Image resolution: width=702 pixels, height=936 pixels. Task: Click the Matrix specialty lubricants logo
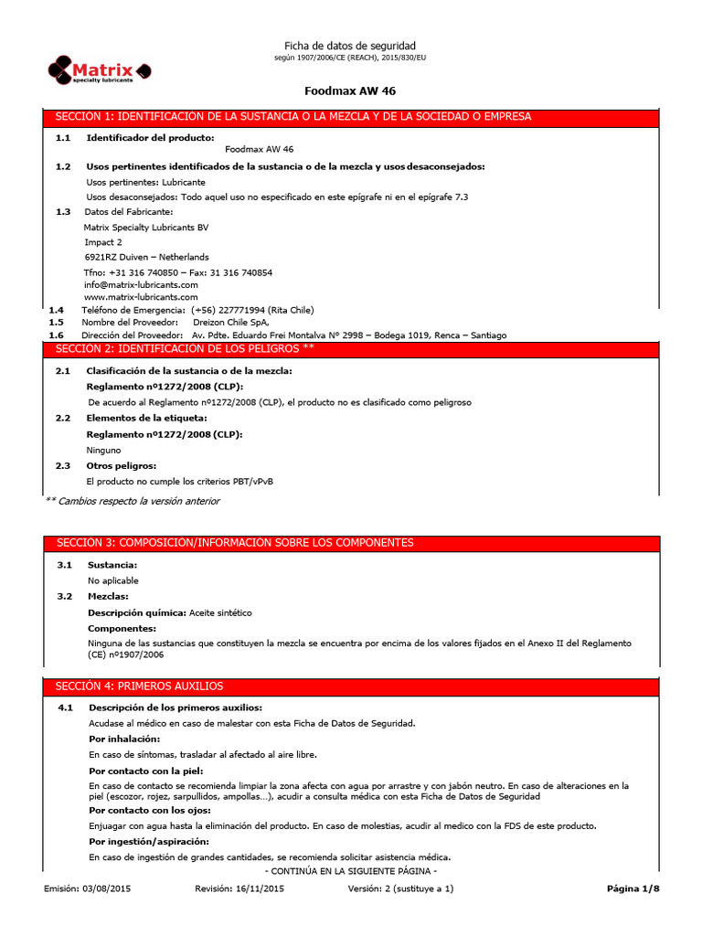(100, 70)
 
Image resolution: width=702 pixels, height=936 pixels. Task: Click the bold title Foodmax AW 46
(349, 91)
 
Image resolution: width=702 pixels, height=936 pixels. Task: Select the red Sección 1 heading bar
(351, 117)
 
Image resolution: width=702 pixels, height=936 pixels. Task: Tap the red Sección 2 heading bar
(351, 349)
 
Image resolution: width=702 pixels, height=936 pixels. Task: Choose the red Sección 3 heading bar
(351, 543)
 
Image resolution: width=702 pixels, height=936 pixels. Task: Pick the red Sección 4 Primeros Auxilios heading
(351, 686)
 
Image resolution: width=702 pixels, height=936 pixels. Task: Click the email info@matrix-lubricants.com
(141, 284)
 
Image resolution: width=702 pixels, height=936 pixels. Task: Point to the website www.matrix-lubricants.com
(141, 297)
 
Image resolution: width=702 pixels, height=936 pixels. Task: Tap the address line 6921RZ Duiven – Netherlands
(146, 257)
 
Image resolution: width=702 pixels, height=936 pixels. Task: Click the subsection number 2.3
(63, 465)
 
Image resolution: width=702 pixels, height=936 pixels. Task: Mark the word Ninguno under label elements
(104, 450)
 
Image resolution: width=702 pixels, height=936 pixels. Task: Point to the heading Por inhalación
(124, 739)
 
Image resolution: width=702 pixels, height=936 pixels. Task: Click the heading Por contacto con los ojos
(151, 811)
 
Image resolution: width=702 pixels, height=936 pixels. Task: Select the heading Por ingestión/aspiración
(149, 841)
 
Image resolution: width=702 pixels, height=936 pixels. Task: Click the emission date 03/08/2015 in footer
(106, 889)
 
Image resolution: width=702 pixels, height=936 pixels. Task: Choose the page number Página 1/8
(633, 889)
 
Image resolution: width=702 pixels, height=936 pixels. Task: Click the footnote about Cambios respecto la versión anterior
(133, 501)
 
